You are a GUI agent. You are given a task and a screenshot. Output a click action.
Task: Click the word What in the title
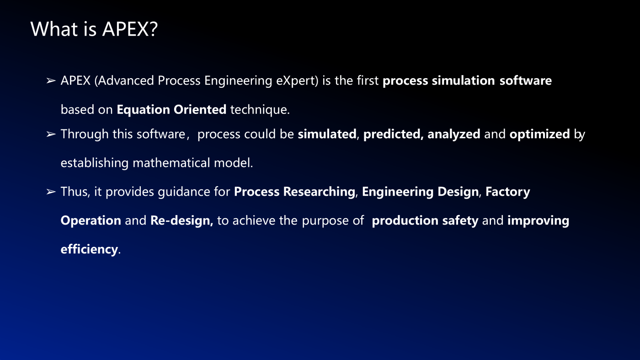tap(54, 29)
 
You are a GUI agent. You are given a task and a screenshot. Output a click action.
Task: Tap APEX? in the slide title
tap(130, 29)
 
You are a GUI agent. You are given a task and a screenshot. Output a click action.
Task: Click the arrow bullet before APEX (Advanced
tap(51, 81)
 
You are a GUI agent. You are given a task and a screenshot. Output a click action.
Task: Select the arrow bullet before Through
tap(51, 134)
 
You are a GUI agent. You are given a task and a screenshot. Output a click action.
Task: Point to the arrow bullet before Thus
tap(51, 192)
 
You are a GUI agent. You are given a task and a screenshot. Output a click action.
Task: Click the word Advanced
tap(124, 81)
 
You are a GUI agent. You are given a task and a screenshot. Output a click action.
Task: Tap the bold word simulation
tap(463, 81)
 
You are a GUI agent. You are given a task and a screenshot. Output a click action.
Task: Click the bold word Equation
tap(143, 110)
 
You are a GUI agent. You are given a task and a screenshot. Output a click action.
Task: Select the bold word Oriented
tap(200, 109)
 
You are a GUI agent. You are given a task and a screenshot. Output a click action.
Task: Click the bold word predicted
tap(393, 134)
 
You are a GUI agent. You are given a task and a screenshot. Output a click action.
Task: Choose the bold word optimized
tap(540, 134)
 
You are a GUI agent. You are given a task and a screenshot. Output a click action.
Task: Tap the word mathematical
tap(171, 163)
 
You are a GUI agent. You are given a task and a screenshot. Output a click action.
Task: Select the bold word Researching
tap(319, 192)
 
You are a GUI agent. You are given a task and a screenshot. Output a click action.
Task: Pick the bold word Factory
tap(508, 192)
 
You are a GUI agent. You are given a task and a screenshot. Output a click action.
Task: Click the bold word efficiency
tap(89, 249)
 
